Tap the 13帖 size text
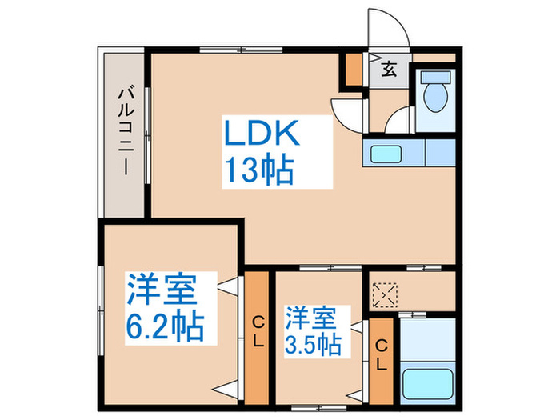click(x=257, y=170)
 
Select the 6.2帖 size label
click(x=165, y=326)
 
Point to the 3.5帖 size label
click(x=314, y=345)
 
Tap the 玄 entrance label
click(x=389, y=69)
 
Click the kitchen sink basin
click(x=389, y=152)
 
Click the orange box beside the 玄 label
click(x=353, y=70)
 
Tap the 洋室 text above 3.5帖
click(x=309, y=315)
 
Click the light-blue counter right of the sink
click(x=441, y=152)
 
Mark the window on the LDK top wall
click(x=222, y=51)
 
